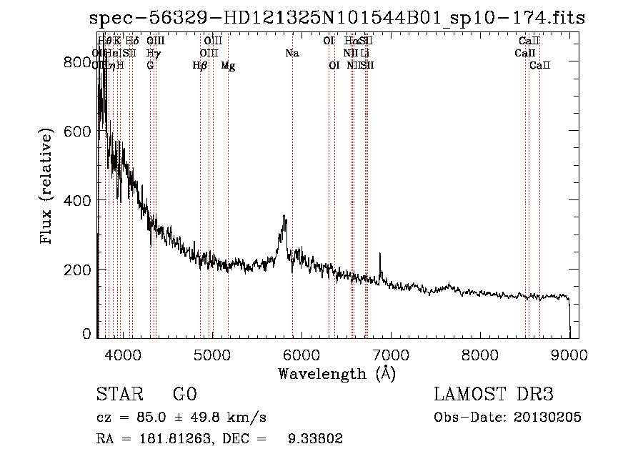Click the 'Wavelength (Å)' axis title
click(x=336, y=373)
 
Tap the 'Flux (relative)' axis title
click(x=48, y=187)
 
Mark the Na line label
click(x=291, y=53)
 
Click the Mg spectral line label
click(x=228, y=66)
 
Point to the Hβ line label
click(x=200, y=66)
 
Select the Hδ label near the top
click(x=132, y=41)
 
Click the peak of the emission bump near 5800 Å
click(x=284, y=216)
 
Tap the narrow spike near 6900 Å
click(x=380, y=254)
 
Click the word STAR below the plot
click(x=118, y=395)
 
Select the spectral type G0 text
click(x=184, y=395)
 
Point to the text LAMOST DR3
click(x=494, y=395)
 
